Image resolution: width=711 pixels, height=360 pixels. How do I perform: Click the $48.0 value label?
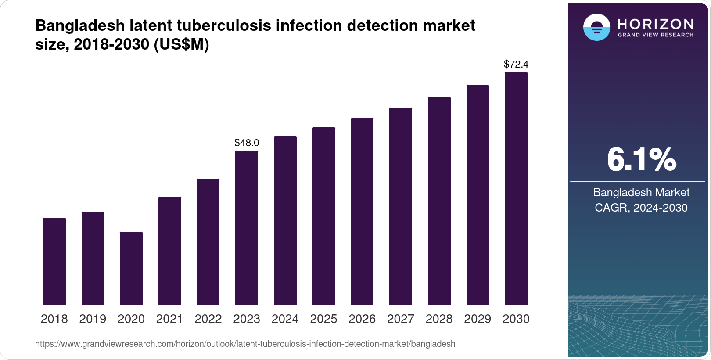(x=247, y=143)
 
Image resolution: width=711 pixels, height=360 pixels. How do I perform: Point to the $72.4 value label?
(x=516, y=65)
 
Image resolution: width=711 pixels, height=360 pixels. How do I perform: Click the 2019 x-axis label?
(x=93, y=319)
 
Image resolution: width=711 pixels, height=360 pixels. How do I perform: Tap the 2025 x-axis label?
(x=323, y=319)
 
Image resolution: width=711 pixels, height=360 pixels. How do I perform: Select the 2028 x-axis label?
(x=439, y=319)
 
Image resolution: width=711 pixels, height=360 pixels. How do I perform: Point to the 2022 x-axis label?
(x=208, y=319)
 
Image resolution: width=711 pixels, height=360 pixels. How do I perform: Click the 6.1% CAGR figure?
(x=641, y=159)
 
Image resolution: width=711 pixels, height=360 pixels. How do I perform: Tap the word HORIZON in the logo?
(x=655, y=24)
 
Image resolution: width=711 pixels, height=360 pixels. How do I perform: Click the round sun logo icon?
(x=596, y=27)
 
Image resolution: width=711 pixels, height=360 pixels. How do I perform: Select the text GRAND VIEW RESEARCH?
(x=655, y=35)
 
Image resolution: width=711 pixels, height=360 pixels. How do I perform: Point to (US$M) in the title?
(x=181, y=44)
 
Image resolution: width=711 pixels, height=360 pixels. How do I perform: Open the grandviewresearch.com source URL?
(x=245, y=344)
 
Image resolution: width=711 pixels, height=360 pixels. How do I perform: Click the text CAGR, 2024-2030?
(x=641, y=208)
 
